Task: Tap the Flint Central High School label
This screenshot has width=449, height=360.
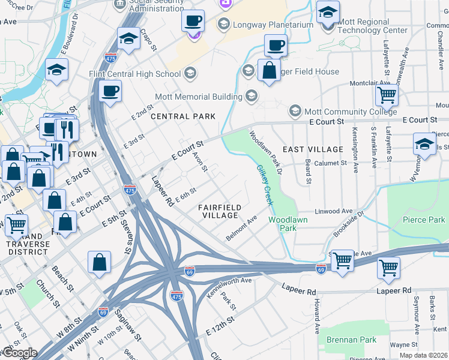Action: tap(142, 74)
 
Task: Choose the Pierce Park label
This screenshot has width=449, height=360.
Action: tap(423, 220)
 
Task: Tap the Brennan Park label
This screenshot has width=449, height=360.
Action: tap(351, 340)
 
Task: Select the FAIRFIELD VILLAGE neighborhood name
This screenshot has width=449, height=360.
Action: tap(221, 211)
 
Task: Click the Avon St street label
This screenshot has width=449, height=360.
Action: tap(200, 161)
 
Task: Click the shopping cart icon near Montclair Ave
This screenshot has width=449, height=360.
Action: tap(387, 95)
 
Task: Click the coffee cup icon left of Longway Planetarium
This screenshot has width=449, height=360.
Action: tap(193, 21)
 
